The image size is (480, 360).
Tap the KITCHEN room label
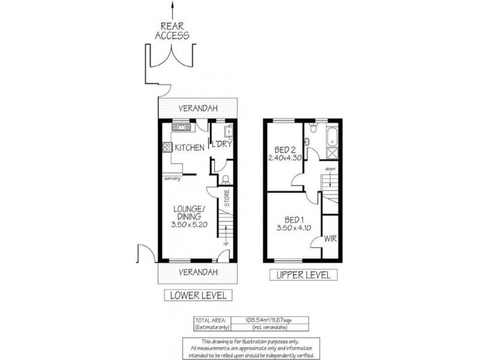point(189,148)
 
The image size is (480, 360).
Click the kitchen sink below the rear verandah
point(179,127)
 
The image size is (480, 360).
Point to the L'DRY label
point(221,144)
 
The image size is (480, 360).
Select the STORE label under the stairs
point(227,199)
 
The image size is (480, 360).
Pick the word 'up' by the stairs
point(225,243)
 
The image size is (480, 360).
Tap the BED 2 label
point(284,149)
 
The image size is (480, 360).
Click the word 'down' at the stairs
point(331,169)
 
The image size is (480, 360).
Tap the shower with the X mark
point(331,151)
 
